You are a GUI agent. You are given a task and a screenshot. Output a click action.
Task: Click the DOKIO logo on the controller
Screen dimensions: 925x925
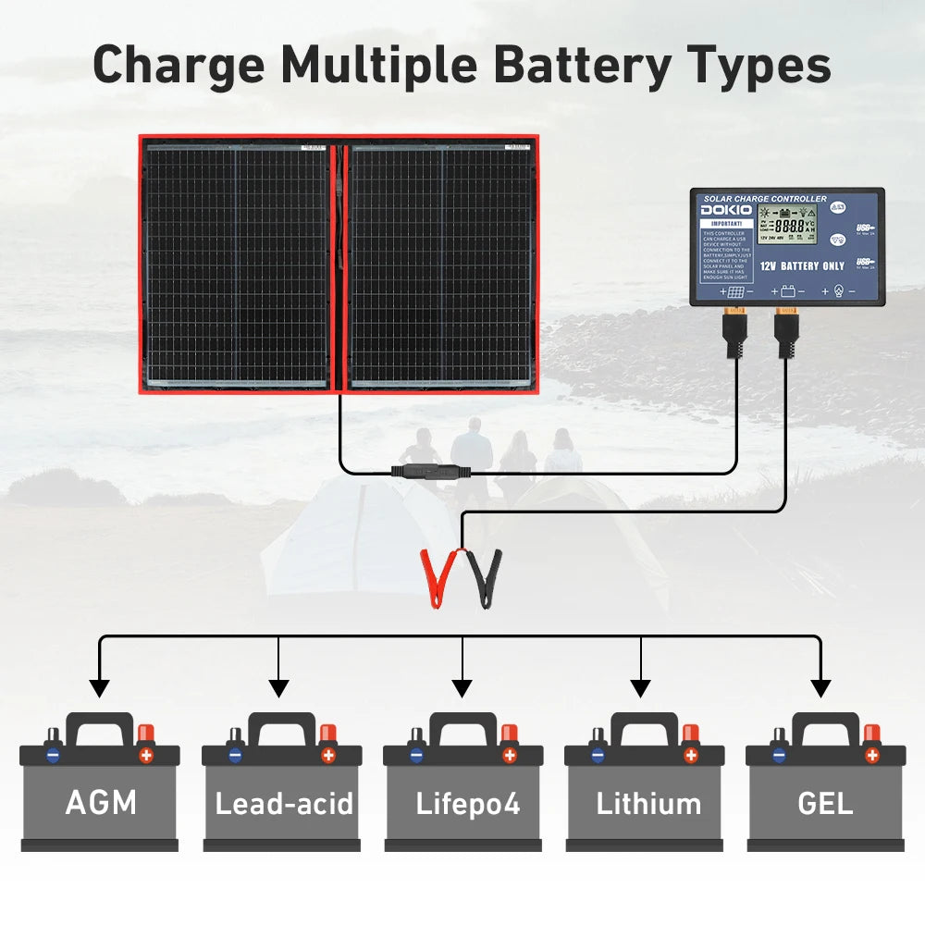click(726, 211)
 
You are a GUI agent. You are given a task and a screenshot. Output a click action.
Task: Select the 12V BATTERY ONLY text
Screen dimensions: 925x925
click(802, 265)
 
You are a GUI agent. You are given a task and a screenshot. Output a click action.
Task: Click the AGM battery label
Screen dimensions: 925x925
click(101, 802)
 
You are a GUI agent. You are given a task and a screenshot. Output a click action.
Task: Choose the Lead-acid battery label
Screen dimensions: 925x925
click(284, 803)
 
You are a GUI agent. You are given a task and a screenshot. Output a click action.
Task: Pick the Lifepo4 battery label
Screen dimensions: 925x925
click(467, 803)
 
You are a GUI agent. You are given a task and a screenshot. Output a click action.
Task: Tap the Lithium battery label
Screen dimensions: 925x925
click(647, 803)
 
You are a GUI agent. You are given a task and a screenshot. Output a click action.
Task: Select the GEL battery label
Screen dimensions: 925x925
click(825, 802)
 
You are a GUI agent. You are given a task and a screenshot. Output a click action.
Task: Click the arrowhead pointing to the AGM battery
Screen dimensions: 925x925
click(99, 688)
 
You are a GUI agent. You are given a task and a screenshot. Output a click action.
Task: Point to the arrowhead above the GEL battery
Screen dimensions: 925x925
click(820, 688)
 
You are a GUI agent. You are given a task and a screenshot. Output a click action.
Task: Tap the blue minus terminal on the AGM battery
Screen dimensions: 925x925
click(54, 755)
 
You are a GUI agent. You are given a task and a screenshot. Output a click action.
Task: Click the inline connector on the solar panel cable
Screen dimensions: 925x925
click(431, 472)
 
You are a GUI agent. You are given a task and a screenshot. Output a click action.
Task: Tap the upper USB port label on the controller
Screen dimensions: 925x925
click(864, 227)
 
